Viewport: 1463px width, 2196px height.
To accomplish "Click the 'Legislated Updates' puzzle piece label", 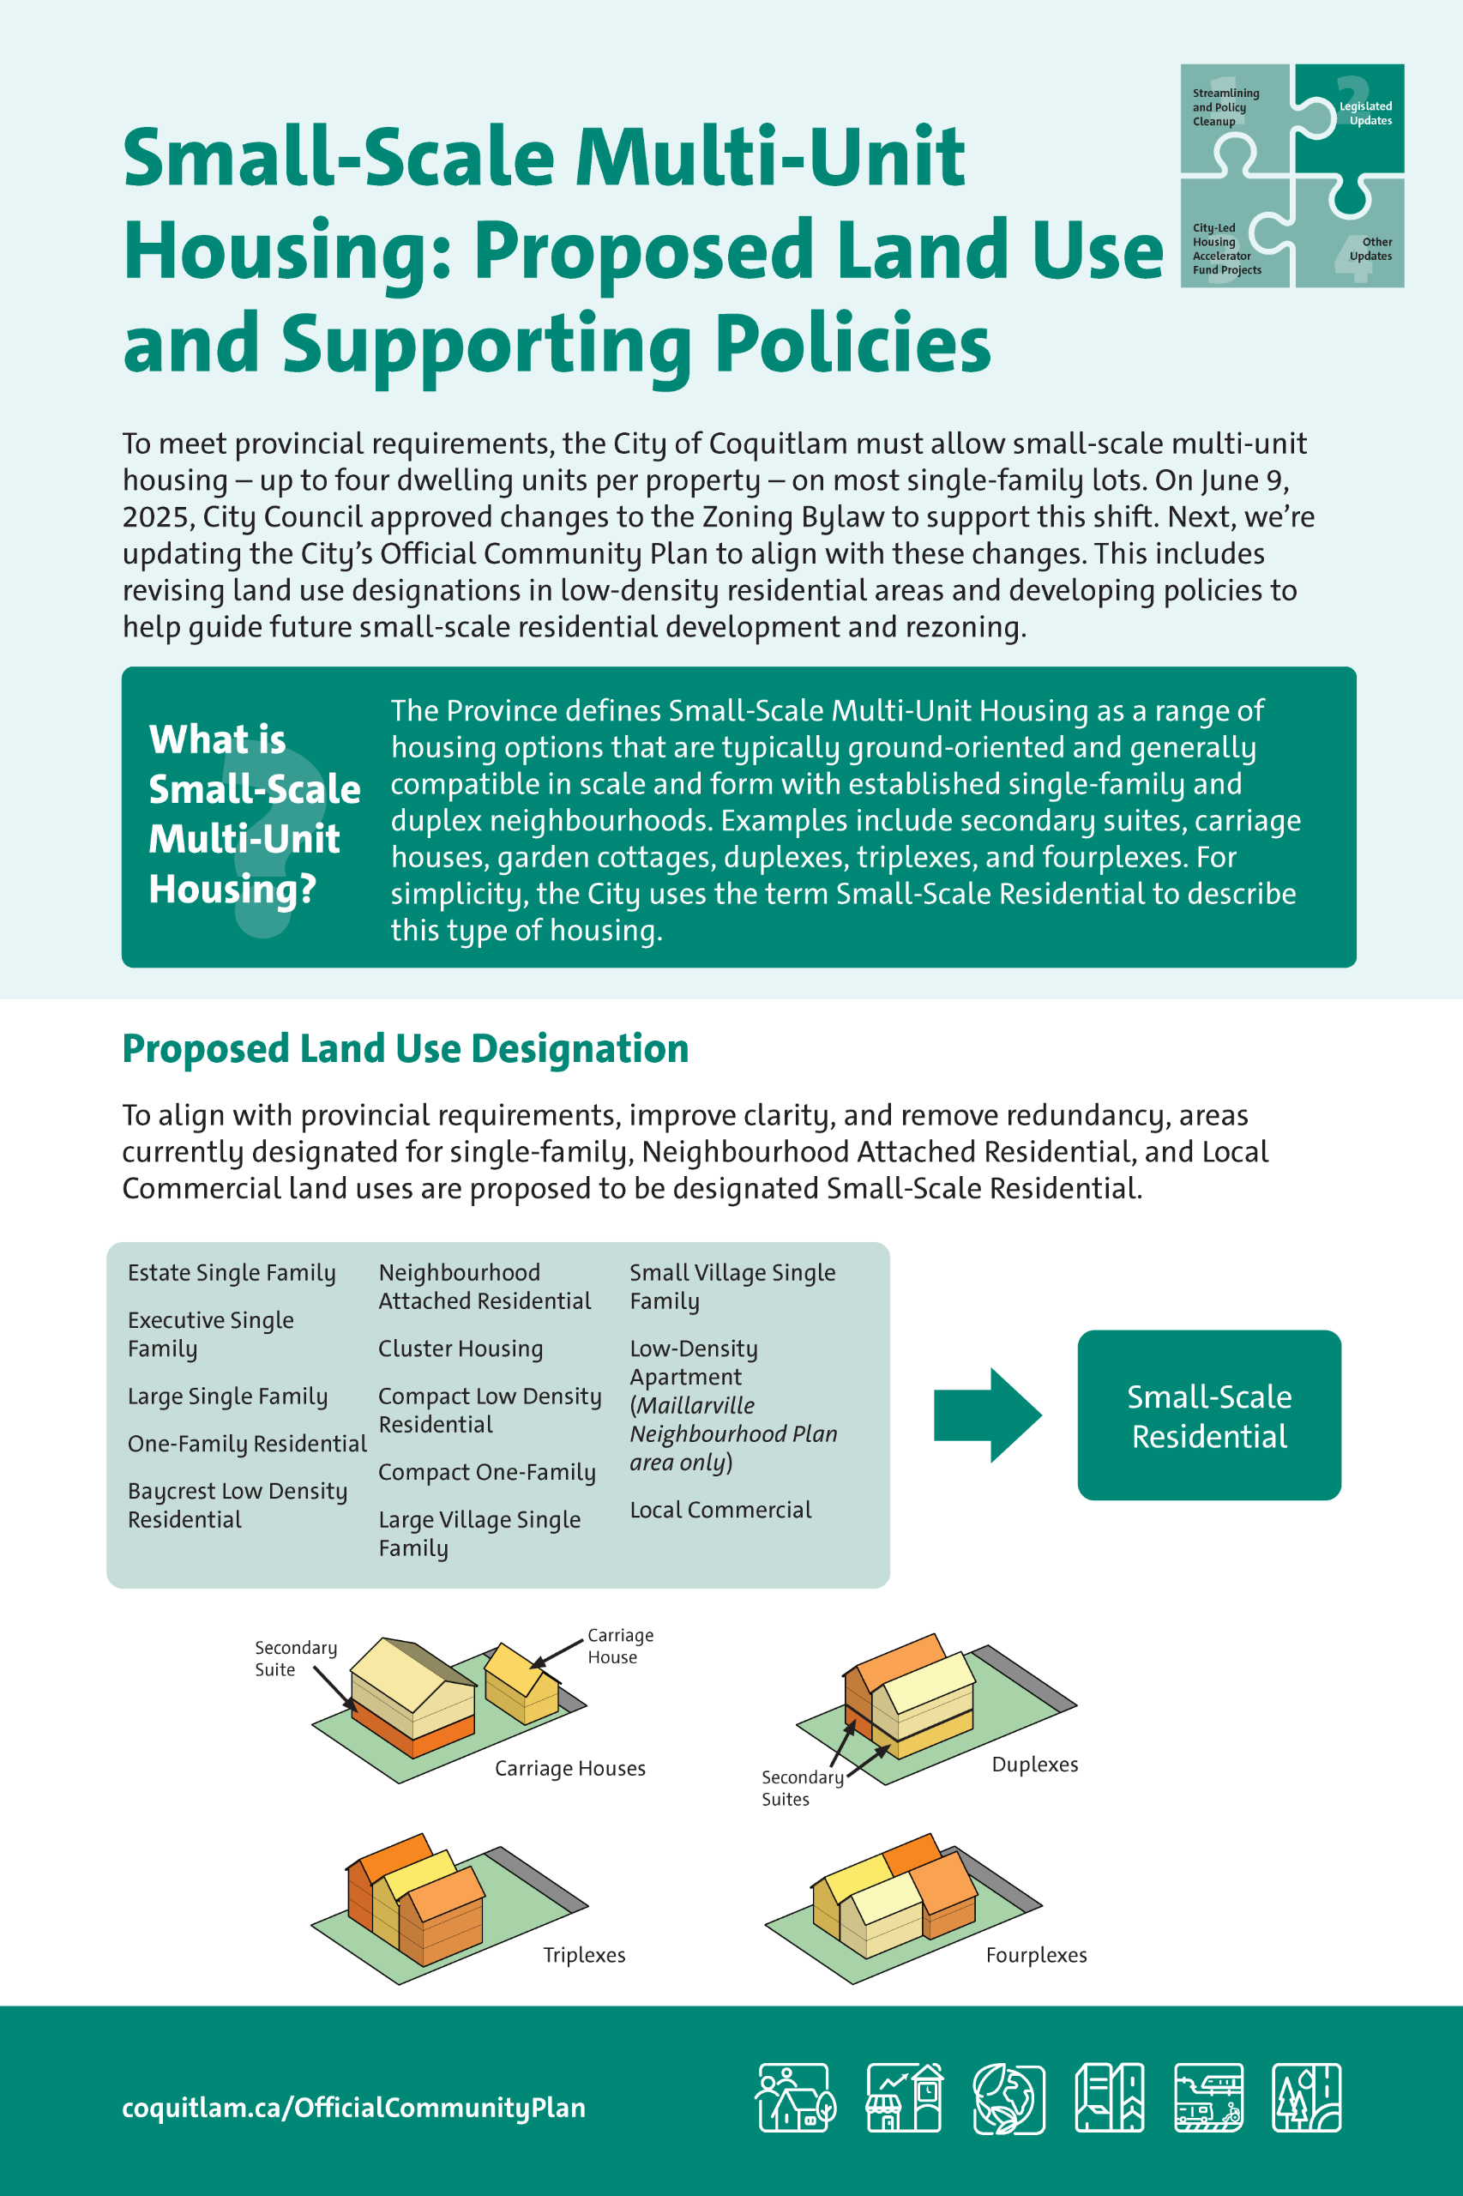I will [1366, 113].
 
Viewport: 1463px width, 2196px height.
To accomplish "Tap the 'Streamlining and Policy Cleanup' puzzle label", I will [1225, 106].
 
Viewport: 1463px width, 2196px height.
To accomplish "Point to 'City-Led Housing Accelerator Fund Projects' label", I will [1226, 248].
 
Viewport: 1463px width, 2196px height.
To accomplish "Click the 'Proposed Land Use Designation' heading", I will [405, 1048].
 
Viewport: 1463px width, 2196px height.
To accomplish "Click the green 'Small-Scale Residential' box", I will [1208, 1415].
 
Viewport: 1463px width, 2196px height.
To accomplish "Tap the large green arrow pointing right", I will [986, 1415].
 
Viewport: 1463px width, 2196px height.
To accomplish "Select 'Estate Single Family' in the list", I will [232, 1273].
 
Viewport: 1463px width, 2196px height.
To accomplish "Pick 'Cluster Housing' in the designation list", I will [460, 1348].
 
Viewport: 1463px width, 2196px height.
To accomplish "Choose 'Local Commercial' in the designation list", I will [720, 1510].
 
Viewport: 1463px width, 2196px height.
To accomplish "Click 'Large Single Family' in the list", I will [227, 1397].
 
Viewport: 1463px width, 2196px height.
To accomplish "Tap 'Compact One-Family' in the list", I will [486, 1472].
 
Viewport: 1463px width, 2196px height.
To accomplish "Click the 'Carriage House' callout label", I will [619, 1645].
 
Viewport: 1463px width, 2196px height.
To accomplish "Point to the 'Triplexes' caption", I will [584, 1954].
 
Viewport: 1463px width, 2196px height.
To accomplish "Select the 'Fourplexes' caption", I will [1036, 1954].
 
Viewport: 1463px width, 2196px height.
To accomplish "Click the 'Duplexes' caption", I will [1034, 1764].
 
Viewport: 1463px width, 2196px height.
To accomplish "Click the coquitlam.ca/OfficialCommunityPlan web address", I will [353, 2108].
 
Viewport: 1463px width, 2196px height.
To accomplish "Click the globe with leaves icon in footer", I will [1007, 2099].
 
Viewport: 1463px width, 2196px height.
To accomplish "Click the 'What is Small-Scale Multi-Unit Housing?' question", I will [253, 814].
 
